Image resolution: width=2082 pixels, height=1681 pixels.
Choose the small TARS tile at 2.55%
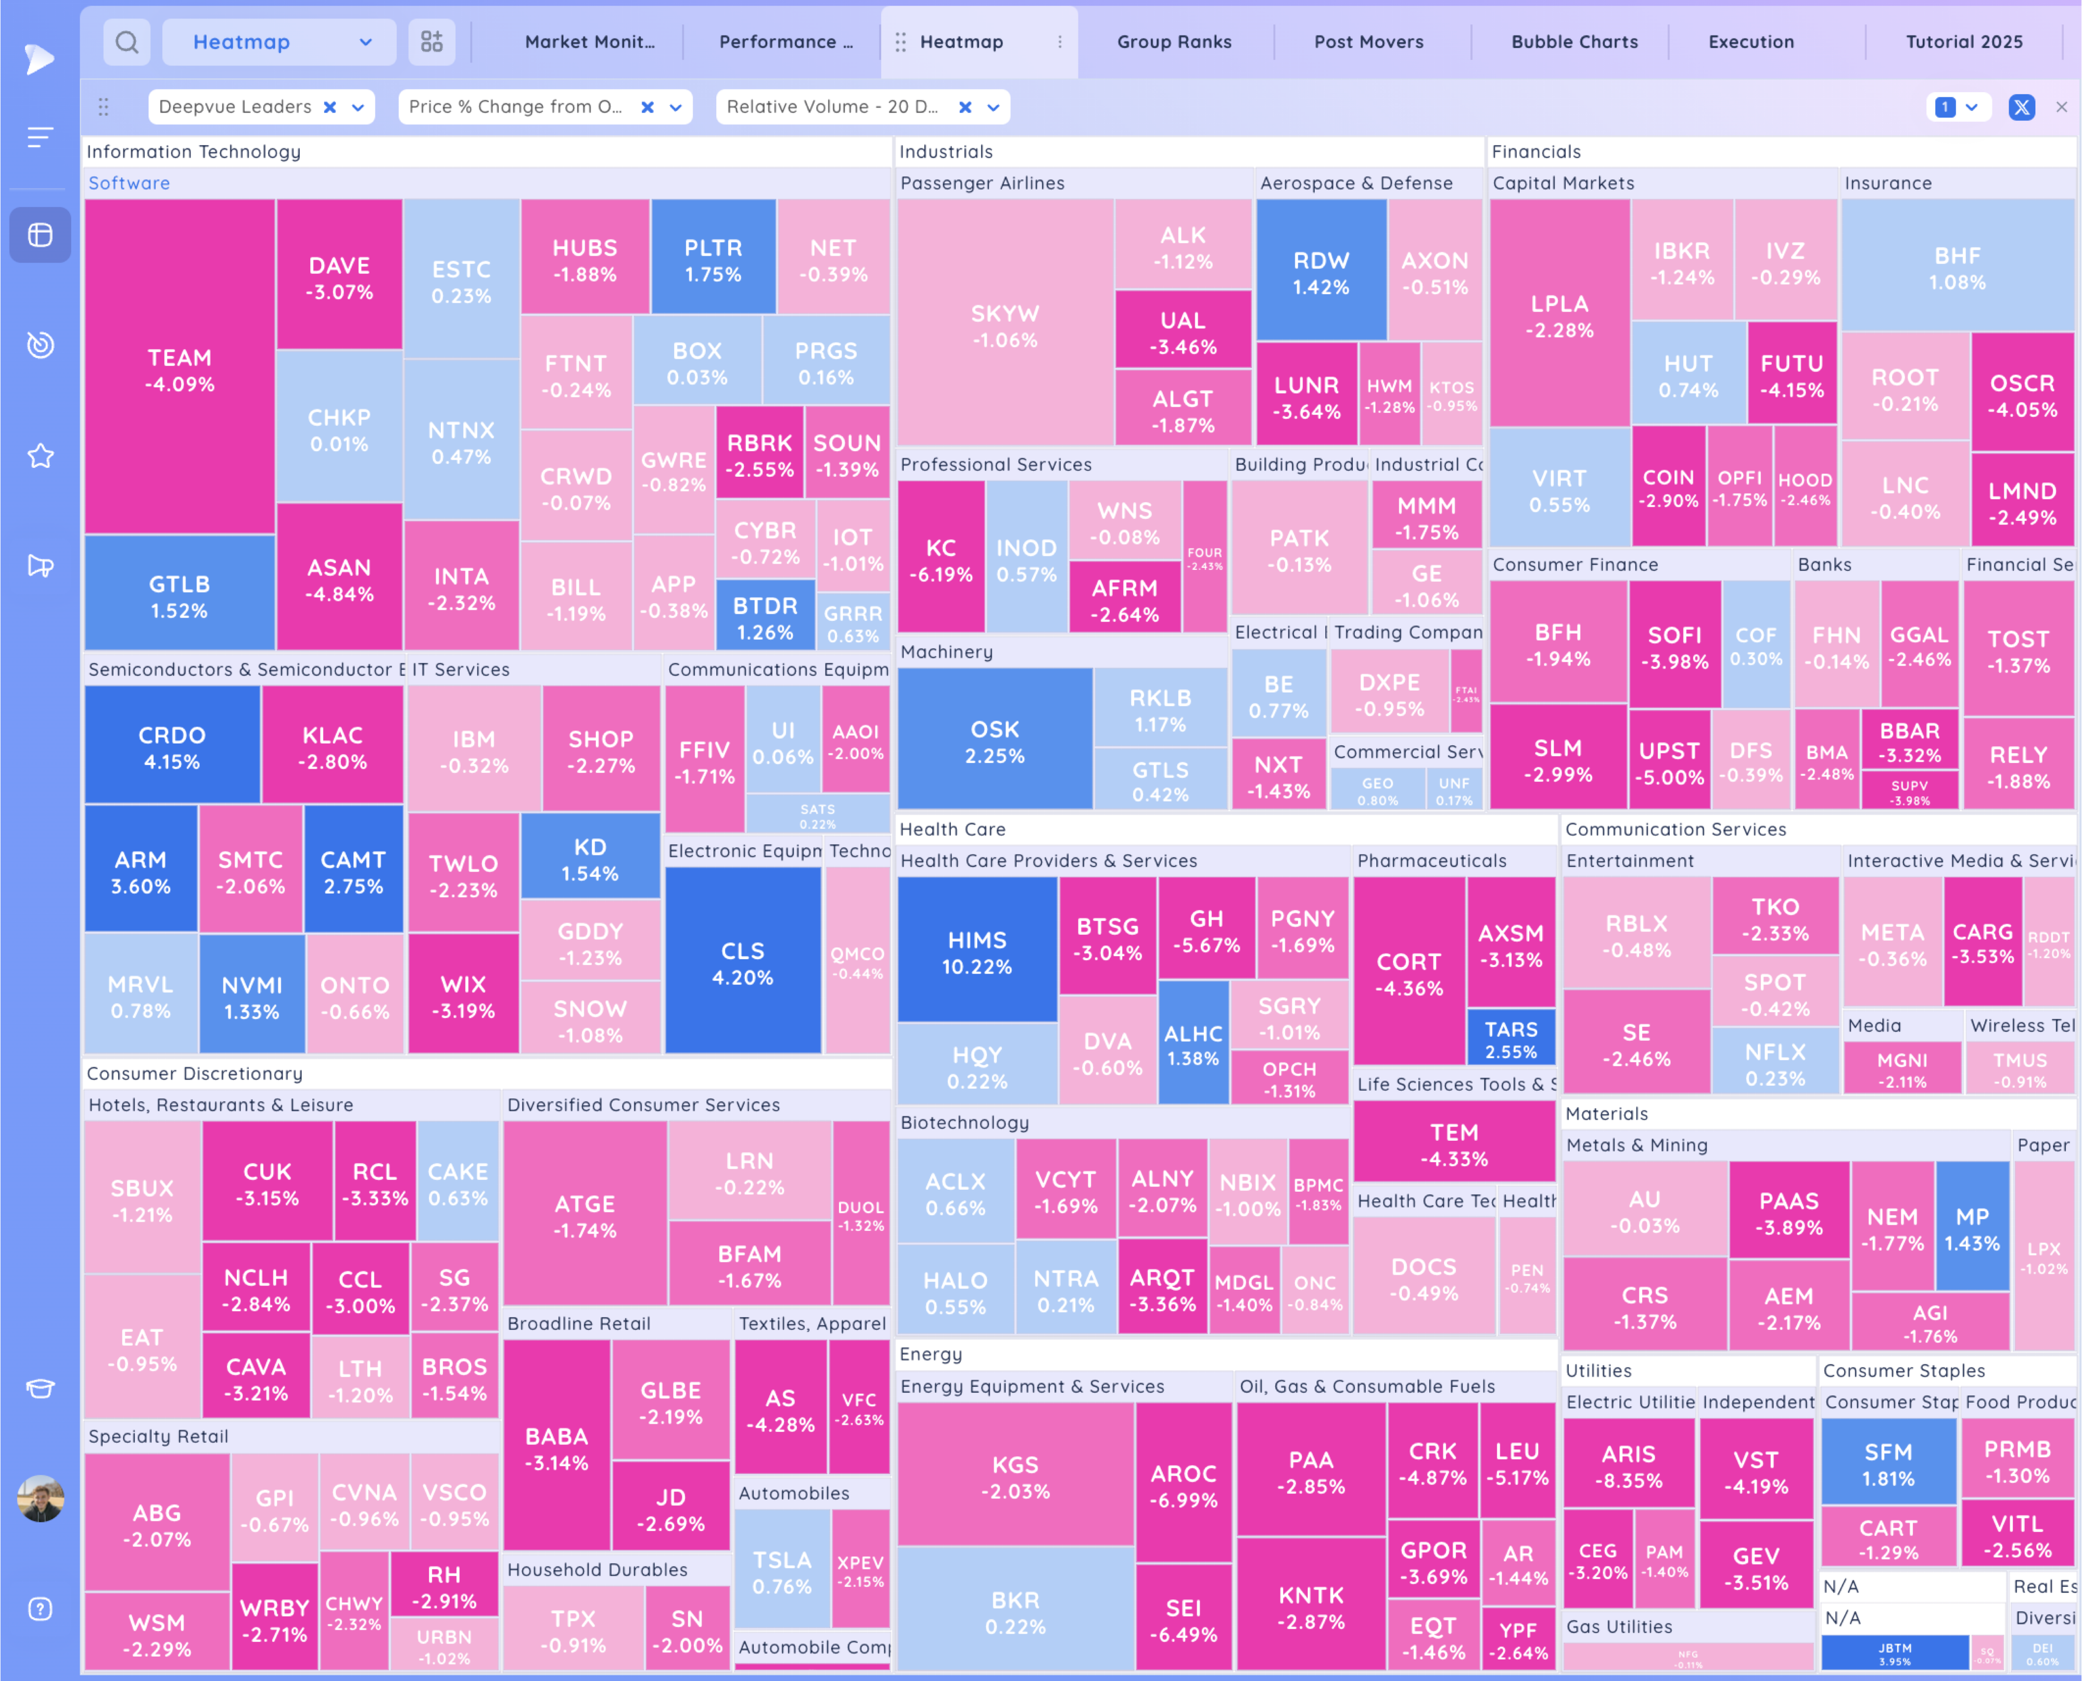click(1510, 1039)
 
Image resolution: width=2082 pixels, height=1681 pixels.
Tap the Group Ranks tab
click(1174, 42)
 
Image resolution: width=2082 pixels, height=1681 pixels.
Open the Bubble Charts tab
click(1575, 42)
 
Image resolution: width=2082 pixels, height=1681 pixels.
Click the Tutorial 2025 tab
click(1964, 42)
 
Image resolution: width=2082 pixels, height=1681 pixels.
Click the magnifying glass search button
click(127, 42)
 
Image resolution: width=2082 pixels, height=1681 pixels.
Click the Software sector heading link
click(129, 183)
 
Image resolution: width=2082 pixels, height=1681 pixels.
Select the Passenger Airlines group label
click(982, 183)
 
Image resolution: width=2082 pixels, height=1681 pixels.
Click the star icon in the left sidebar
click(40, 455)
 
